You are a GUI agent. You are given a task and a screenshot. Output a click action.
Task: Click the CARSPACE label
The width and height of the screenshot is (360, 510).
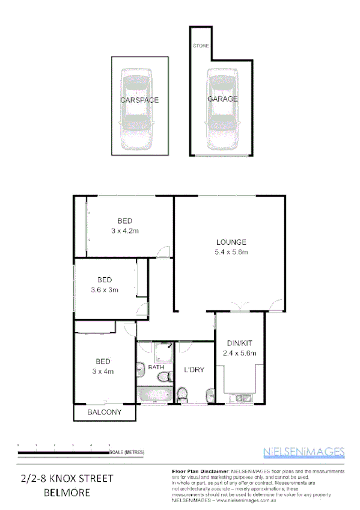click(139, 100)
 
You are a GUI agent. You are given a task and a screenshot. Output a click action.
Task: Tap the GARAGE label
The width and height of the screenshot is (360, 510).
click(222, 99)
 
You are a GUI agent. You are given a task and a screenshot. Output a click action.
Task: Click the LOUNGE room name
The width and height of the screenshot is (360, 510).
click(232, 242)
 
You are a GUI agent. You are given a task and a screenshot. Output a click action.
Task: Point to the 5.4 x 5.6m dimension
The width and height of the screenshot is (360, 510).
click(232, 252)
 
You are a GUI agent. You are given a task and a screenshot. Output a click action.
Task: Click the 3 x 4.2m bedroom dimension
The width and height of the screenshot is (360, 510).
click(124, 231)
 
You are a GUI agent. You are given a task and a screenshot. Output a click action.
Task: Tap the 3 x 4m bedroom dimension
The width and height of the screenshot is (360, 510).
click(103, 371)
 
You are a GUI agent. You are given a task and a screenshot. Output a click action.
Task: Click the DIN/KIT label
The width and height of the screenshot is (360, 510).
click(239, 343)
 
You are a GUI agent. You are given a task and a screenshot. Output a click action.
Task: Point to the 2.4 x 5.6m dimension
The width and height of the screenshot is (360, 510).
click(239, 353)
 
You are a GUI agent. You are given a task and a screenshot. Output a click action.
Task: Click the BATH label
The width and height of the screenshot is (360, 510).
click(156, 367)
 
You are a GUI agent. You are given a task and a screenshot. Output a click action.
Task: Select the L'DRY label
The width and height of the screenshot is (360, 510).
click(195, 370)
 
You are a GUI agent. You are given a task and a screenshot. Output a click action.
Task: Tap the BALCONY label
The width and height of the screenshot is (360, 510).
click(105, 413)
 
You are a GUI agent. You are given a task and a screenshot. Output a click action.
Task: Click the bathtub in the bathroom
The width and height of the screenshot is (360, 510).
click(154, 395)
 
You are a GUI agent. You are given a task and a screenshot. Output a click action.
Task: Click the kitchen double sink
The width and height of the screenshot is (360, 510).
click(243, 398)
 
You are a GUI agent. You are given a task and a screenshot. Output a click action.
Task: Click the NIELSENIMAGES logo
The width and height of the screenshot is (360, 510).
click(304, 452)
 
